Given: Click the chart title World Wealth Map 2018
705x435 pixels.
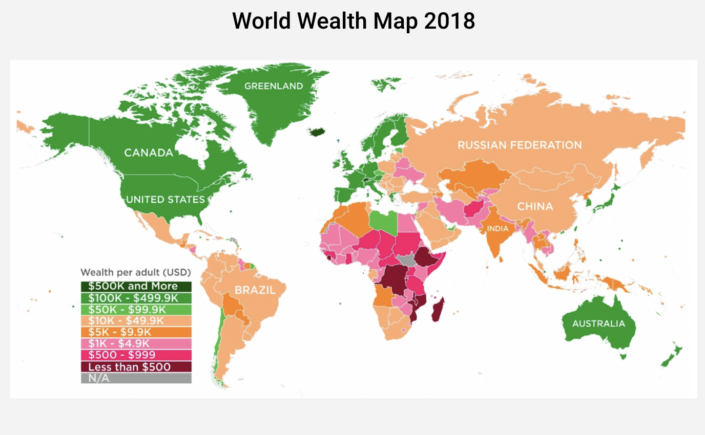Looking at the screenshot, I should pos(353,21).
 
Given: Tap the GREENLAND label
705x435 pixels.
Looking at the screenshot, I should pos(274,86).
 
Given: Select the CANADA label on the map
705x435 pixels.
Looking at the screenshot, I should pos(148,153).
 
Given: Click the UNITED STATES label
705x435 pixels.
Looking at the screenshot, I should pos(165,199).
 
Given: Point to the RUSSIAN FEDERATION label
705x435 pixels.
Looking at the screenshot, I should pos(519,145).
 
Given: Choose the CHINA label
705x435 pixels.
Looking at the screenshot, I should pos(535,206).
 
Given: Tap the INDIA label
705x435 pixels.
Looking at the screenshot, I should pos(497,228).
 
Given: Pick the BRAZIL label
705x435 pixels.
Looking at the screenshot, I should pos(255,290).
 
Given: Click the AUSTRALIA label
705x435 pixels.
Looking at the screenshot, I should pos(598,323).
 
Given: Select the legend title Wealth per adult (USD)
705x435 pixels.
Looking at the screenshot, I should pos(135,272).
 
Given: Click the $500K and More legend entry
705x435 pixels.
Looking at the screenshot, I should pos(136,287).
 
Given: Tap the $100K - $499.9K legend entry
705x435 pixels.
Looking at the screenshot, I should pos(136,298).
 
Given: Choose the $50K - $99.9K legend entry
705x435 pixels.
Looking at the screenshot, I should pos(136,310).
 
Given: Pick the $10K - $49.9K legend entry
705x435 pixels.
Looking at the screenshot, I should pos(136,321).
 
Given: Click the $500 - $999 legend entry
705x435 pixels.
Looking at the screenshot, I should pos(136,355).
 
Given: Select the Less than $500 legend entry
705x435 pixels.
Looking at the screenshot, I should pos(136,367).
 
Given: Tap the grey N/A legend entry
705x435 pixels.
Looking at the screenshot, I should pos(136,378).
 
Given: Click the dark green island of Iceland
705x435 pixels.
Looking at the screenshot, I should pos(317,132).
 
